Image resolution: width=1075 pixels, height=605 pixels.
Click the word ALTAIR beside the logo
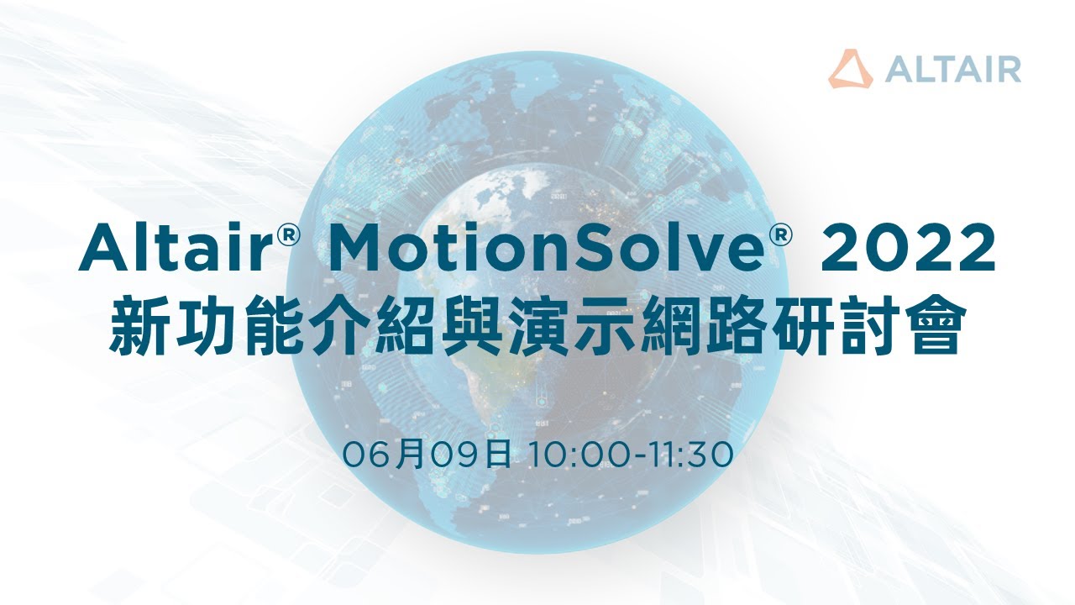(952, 69)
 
